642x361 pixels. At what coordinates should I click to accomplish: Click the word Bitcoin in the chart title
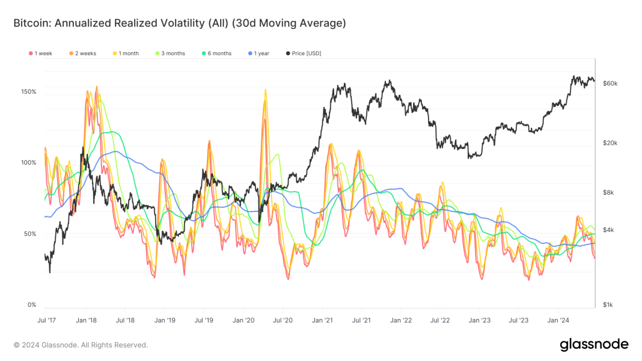click(x=31, y=23)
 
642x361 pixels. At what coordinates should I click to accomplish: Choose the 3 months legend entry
click(x=170, y=53)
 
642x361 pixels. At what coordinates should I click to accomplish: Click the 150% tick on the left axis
click(x=28, y=92)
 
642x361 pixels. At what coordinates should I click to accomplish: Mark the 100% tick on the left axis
click(x=28, y=163)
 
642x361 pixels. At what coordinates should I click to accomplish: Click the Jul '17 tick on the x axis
click(x=46, y=321)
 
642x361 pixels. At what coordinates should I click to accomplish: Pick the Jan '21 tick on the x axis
click(x=322, y=321)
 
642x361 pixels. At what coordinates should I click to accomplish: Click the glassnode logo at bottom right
click(x=594, y=344)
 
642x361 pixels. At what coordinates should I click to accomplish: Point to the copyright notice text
click(x=81, y=345)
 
